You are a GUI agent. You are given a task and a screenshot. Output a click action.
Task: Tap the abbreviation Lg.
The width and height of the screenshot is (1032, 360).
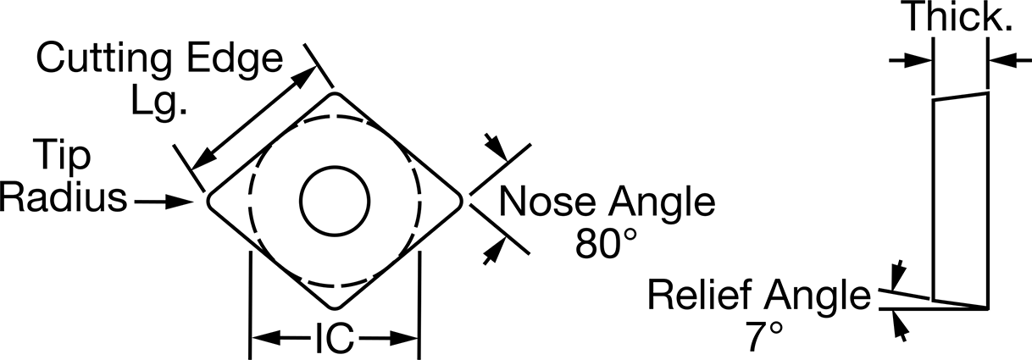159,103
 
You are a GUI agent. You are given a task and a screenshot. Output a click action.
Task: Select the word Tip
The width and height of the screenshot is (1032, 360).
62,155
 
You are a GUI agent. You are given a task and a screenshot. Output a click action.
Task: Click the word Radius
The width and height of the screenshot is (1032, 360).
63,198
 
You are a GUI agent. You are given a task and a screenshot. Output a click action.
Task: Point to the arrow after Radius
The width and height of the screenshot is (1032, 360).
164,202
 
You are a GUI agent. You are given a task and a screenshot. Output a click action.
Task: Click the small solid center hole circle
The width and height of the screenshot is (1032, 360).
335,202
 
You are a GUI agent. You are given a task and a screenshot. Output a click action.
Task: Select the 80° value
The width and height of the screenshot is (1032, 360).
607,243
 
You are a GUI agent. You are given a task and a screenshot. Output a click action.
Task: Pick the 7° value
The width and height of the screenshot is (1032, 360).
764,336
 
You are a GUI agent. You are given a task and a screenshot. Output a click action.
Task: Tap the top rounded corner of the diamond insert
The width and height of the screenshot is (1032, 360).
335,94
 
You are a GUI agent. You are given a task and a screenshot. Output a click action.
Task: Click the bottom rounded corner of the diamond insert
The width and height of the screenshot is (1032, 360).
335,308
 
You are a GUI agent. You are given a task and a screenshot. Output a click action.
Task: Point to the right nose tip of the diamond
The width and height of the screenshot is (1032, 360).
461,202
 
